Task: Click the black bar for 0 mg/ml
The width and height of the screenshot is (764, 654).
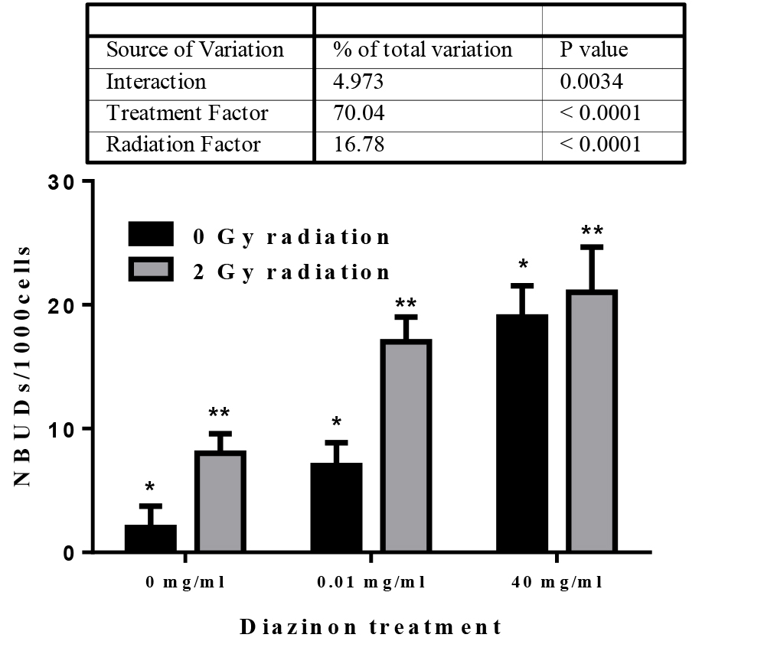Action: point(151,538)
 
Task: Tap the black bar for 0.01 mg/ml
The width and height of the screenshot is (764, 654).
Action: point(336,507)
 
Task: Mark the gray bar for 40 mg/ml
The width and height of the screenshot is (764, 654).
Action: point(592,421)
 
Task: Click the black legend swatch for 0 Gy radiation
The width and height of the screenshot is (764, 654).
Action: point(151,235)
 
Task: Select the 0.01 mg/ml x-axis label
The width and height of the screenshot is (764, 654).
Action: point(371,581)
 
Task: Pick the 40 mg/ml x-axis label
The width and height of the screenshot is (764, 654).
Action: point(557,581)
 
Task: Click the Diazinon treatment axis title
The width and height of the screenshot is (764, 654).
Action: point(371,627)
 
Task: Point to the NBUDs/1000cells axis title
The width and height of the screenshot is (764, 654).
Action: point(24,367)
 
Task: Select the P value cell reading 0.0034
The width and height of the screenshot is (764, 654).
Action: point(590,82)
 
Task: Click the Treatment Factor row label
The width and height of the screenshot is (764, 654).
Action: point(188,113)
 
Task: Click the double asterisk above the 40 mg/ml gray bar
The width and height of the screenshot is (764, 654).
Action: point(592,230)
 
